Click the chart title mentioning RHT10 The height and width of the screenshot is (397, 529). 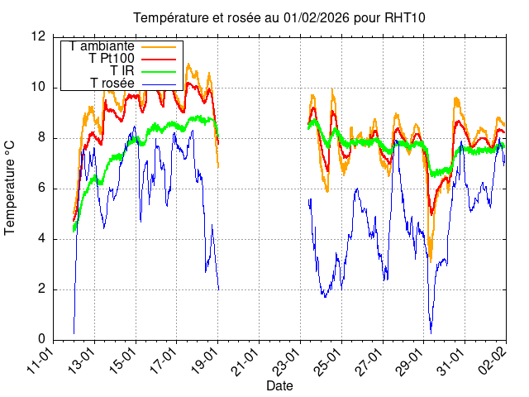pyautogui.click(x=279, y=18)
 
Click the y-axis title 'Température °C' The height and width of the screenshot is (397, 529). pyautogui.click(x=10, y=188)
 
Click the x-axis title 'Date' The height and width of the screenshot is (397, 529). pyautogui.click(x=279, y=385)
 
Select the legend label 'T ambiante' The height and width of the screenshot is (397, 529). pyautogui.click(x=102, y=46)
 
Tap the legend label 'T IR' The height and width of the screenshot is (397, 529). pyautogui.click(x=122, y=71)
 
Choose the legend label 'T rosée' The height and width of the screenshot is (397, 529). pyautogui.click(x=112, y=84)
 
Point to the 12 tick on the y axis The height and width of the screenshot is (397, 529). pyautogui.click(x=38, y=36)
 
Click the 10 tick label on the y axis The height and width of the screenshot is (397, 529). pyautogui.click(x=38, y=87)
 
